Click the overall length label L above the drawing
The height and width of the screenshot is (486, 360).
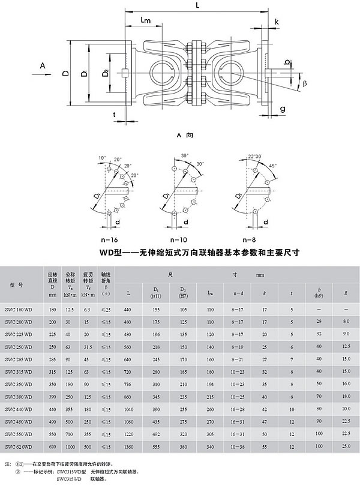[x=197, y=5]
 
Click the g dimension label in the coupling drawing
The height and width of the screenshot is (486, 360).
[x=282, y=109]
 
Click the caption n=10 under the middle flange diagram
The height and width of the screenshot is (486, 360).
[x=178, y=239]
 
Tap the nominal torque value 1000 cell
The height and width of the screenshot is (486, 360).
[x=69, y=448]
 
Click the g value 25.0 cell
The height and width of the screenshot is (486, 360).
[x=346, y=448]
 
